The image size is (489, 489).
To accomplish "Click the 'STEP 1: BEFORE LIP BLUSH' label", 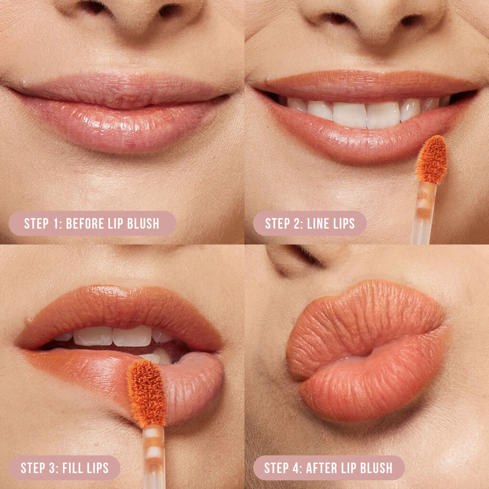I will pos(92,223).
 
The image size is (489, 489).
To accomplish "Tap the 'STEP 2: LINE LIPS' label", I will pos(310,223).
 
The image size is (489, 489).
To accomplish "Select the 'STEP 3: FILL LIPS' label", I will pos(64,468).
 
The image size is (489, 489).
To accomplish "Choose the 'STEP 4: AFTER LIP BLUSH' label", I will pos(329,468).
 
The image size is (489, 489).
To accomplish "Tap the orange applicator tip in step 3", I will pos(146,393).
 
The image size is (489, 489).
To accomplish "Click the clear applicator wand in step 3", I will pos(154,456).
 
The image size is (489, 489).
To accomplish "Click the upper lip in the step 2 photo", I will pos(363,81).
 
